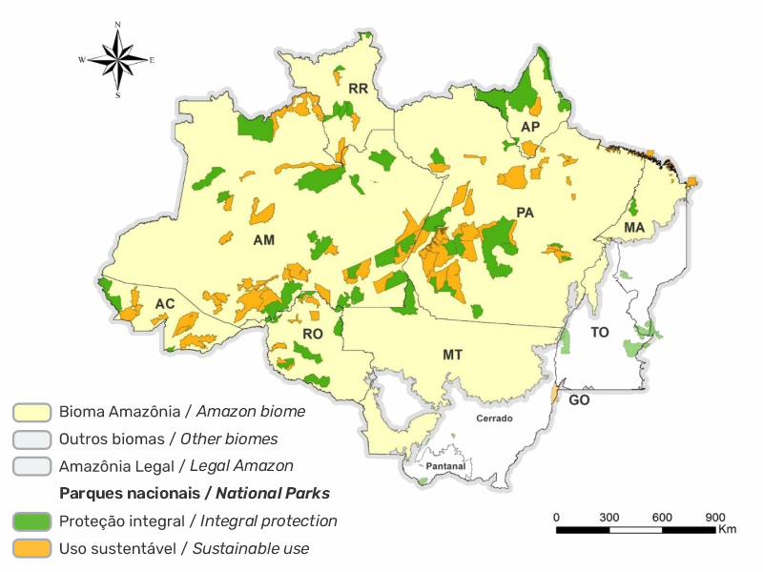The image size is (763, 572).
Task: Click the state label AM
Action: [264, 240]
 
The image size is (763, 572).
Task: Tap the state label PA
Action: [525, 212]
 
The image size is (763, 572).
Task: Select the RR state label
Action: [359, 89]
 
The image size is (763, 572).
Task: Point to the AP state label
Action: [531, 127]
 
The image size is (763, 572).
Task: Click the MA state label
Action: [634, 227]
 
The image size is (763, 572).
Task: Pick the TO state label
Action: [600, 333]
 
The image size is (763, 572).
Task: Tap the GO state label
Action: [579, 400]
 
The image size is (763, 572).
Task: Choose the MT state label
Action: [453, 355]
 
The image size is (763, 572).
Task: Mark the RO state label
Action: [313, 334]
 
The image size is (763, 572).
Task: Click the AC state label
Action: [164, 304]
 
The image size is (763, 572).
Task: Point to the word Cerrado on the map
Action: [493, 419]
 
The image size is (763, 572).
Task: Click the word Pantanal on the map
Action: [445, 466]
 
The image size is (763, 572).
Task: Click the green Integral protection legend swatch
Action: [31, 521]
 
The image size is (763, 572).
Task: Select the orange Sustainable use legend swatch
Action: [31, 549]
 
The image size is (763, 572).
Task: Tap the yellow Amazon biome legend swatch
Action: [31, 412]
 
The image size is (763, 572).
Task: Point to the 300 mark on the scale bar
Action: [609, 517]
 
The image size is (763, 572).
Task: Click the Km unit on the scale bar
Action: [728, 529]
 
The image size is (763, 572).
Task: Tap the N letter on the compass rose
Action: [117, 24]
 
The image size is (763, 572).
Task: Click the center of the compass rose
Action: [117, 59]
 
